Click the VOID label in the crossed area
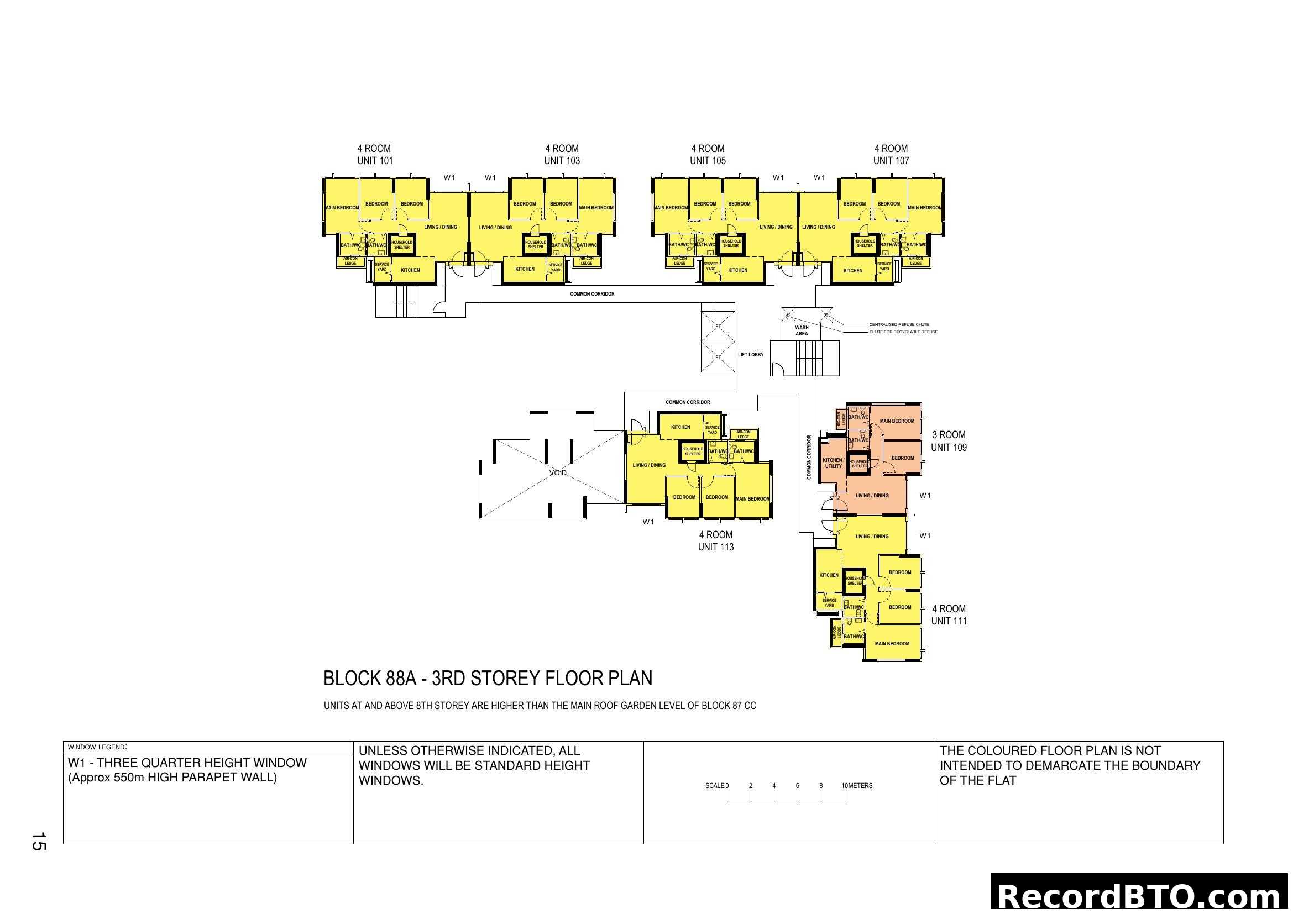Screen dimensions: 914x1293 (558, 473)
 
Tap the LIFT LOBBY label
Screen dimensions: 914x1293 (751, 355)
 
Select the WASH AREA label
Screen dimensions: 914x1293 (802, 330)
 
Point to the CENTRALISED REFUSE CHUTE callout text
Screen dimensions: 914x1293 (899, 325)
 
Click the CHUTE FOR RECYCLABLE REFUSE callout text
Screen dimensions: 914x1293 (903, 332)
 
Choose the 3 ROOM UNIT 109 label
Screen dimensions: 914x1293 (949, 441)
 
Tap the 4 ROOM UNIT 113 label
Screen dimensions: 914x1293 (716, 541)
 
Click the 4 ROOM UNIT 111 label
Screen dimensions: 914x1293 (949, 614)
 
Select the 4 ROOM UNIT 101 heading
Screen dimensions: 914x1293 (374, 154)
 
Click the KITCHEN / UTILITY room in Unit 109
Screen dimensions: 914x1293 (833, 463)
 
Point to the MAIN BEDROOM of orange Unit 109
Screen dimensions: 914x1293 (897, 421)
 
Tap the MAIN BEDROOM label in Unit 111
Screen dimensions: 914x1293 (892, 643)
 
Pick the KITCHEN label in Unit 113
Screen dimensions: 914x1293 (680, 427)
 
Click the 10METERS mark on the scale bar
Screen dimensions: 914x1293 (856, 786)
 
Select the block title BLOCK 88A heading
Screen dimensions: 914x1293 (488, 678)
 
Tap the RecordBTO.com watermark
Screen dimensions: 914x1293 (1140, 895)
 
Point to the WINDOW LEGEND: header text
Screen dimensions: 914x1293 (97, 748)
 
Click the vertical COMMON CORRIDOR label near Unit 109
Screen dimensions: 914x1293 (809, 457)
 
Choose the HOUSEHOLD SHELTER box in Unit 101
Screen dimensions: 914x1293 (401, 245)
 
